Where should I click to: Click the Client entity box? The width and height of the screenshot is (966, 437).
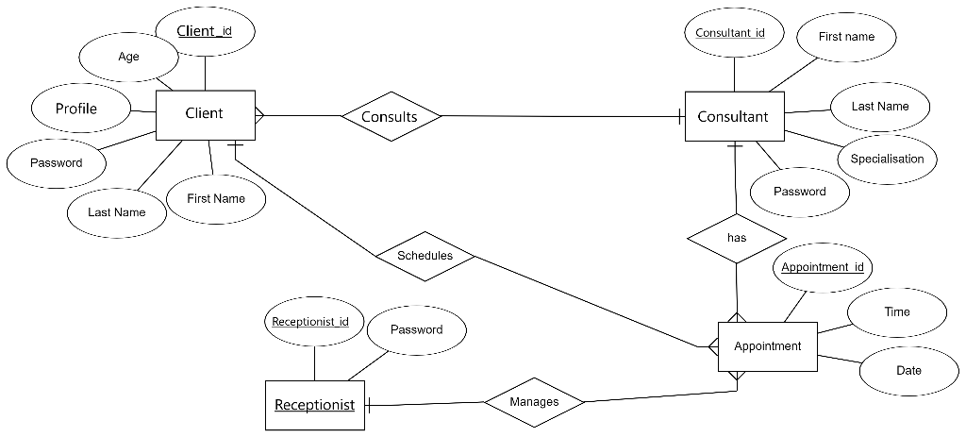click(x=205, y=115)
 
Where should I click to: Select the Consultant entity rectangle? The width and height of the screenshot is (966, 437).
click(x=733, y=117)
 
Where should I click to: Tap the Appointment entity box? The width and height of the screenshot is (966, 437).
click(x=767, y=346)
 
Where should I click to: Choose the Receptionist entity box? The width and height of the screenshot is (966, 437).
click(x=314, y=405)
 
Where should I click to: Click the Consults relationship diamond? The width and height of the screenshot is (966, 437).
click(x=390, y=117)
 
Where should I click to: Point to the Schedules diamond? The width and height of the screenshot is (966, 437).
click(x=425, y=256)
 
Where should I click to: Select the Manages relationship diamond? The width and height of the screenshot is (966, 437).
click(x=534, y=402)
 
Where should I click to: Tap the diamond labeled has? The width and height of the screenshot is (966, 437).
click(x=737, y=238)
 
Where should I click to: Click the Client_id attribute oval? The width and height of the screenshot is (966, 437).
click(x=204, y=32)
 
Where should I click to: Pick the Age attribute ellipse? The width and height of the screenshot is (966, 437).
click(x=128, y=57)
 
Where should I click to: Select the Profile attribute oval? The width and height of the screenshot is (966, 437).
click(x=76, y=109)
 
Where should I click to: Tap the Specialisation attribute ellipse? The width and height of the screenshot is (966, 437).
click(x=887, y=159)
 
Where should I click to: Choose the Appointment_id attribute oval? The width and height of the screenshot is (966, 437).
click(x=823, y=267)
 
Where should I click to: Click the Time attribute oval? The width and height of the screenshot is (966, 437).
click(x=896, y=311)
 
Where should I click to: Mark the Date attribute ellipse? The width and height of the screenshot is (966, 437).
click(x=908, y=370)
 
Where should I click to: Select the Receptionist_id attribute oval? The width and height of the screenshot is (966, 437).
click(x=310, y=322)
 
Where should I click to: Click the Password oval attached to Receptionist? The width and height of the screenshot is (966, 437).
click(x=416, y=329)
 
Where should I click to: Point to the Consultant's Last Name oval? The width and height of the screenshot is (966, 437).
click(x=879, y=107)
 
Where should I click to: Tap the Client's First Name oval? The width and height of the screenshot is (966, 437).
click(x=216, y=198)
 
